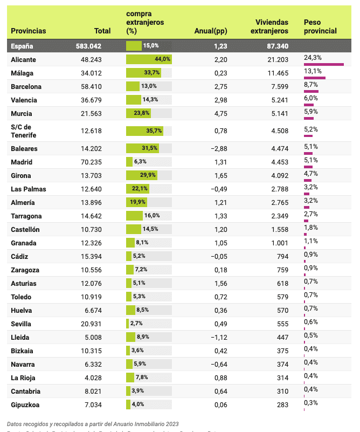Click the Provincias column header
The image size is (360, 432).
tap(29, 31)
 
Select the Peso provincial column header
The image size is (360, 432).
tap(320, 26)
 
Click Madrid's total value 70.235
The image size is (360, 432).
tap(91, 162)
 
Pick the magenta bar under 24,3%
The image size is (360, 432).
tap(324, 65)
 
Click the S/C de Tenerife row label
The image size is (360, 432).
tap(24, 131)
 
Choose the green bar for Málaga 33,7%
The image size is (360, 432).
tap(143, 73)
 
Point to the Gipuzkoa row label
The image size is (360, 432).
tap(26, 404)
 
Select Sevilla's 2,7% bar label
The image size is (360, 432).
tap(136, 324)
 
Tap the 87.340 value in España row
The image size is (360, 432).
tap(278, 46)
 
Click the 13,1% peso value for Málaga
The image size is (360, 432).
tap(313, 71)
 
